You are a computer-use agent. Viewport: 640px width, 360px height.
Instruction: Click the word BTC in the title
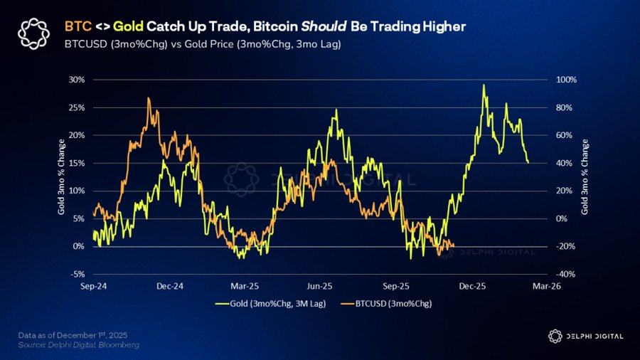[77, 26]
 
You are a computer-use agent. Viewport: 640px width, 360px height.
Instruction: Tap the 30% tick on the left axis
[75, 80]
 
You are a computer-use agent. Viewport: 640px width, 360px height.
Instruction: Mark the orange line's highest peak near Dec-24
[148, 98]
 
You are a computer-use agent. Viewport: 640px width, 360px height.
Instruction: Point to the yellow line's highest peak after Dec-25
[484, 85]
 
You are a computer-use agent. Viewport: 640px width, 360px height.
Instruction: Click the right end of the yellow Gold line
[528, 163]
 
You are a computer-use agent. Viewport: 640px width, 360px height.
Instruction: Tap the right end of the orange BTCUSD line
[454, 246]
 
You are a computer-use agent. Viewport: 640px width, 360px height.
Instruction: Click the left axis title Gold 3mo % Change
[62, 176]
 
